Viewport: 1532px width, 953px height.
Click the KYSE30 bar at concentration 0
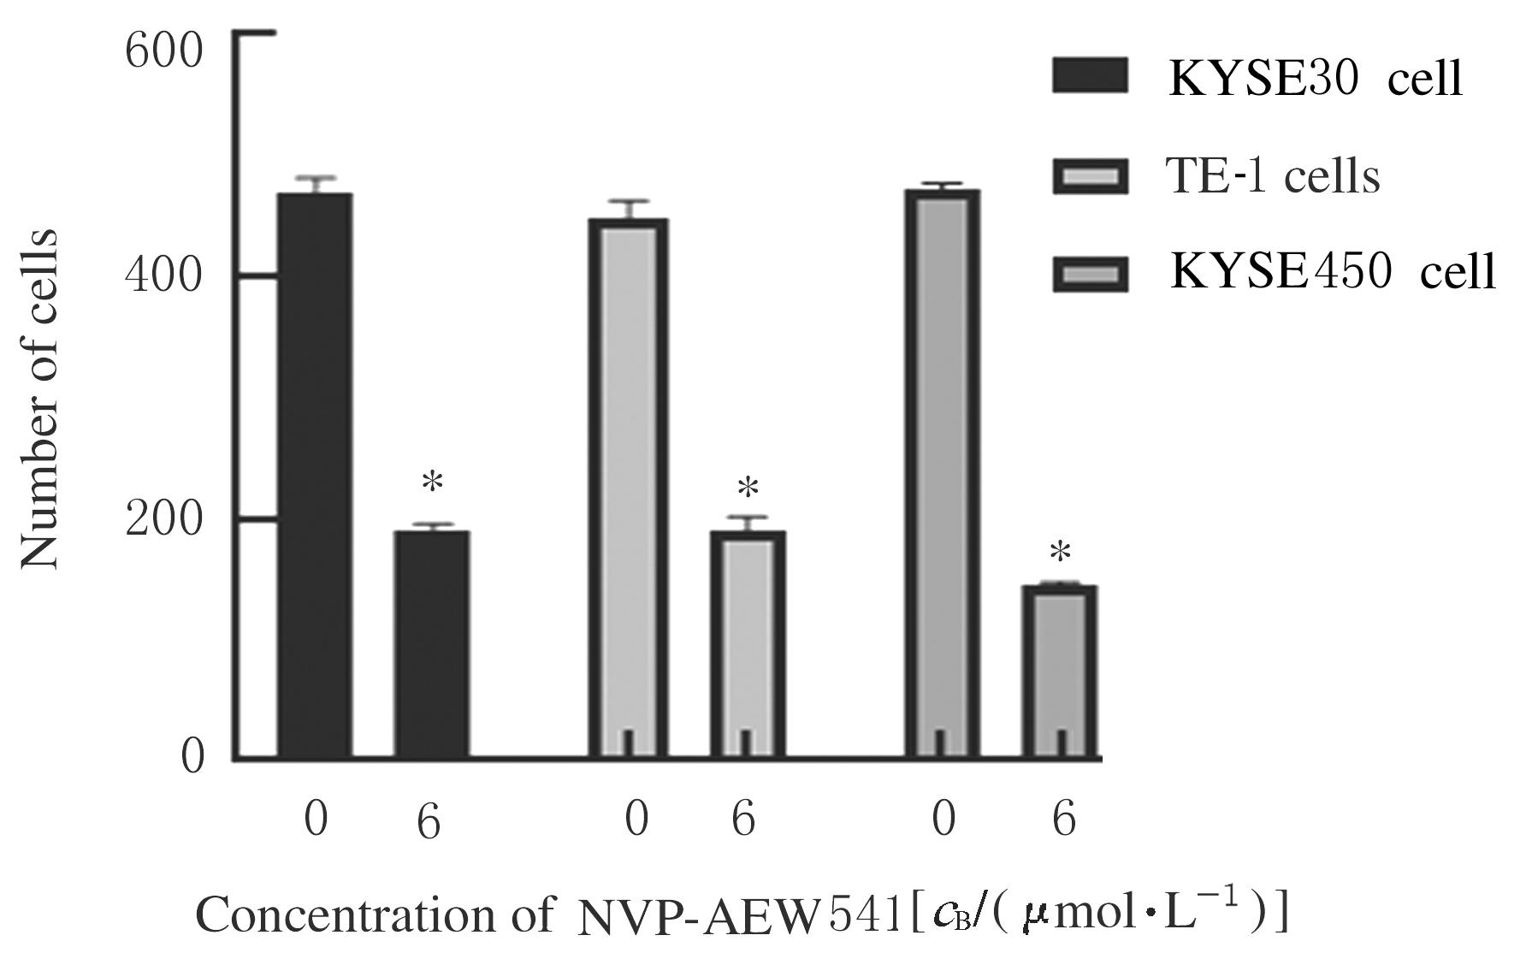tap(314, 475)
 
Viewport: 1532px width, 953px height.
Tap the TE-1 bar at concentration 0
tap(628, 488)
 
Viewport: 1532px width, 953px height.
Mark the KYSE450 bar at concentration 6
tap(1061, 672)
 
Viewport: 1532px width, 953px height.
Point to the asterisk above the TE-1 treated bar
tap(748, 489)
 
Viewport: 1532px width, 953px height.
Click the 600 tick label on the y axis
tap(163, 52)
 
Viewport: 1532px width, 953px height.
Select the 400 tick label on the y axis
tap(163, 276)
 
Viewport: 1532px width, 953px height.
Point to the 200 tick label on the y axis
tap(163, 519)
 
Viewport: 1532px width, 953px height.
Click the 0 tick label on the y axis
tap(193, 757)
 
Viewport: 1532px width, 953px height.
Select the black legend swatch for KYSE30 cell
tap(1090, 76)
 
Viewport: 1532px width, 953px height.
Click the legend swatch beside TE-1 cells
tap(1090, 176)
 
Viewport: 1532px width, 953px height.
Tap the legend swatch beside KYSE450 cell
tap(1090, 274)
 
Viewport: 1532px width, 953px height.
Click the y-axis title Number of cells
tap(39, 399)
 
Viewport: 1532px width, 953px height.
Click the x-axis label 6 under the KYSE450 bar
tap(1063, 820)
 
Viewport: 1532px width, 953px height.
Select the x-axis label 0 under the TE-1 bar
tap(636, 820)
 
